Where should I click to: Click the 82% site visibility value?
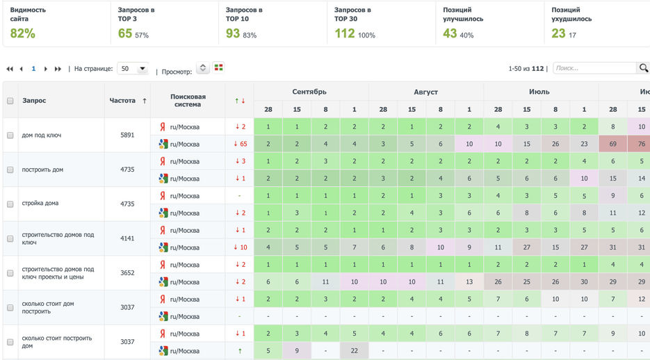coord(22,33)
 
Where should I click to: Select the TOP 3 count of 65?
coord(125,33)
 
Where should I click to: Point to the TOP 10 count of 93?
coord(233,33)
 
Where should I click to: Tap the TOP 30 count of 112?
coord(345,33)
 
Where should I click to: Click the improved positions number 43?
coord(450,33)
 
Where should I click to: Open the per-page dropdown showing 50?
coord(133,69)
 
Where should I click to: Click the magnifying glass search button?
coord(643,68)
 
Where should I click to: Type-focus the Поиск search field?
coord(594,68)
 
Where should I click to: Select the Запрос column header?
coord(34,101)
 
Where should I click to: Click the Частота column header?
coord(123,101)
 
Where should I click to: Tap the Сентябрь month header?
coord(310,92)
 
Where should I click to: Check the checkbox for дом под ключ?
coord(10,136)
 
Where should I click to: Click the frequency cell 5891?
coord(127,136)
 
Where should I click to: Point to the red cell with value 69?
coord(613,144)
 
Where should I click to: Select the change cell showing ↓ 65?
coord(239,144)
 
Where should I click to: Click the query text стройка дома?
coord(40,204)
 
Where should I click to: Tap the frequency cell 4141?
coord(127,238)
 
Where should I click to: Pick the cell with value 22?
coord(354,351)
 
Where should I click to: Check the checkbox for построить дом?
coord(10,170)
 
